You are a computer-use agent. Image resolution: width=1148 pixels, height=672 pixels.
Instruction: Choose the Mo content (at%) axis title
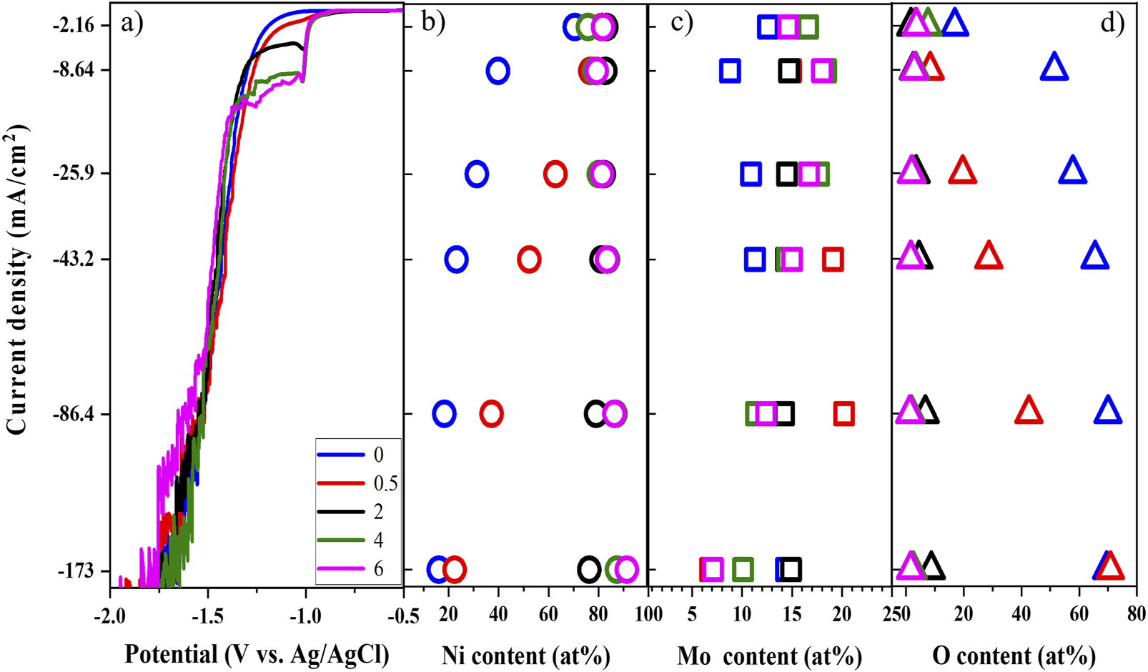(x=769, y=655)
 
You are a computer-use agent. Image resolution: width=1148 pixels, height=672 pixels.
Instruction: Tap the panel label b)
(x=433, y=23)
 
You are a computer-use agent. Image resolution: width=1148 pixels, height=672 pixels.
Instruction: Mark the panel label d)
(x=1112, y=23)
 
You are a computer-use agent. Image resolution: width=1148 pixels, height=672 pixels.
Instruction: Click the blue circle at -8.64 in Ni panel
(x=498, y=71)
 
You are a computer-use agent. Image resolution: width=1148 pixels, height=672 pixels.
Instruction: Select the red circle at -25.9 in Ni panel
(x=555, y=174)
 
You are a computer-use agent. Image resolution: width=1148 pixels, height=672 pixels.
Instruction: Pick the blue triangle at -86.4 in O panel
(x=1108, y=411)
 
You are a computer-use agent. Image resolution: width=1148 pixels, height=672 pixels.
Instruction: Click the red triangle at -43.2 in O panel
(x=989, y=256)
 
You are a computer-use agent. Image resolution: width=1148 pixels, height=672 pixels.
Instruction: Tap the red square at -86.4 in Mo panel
(x=843, y=413)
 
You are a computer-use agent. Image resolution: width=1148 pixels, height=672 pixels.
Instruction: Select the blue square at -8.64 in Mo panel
(x=730, y=71)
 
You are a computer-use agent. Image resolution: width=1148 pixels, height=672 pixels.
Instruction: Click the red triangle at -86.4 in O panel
(x=1029, y=411)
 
